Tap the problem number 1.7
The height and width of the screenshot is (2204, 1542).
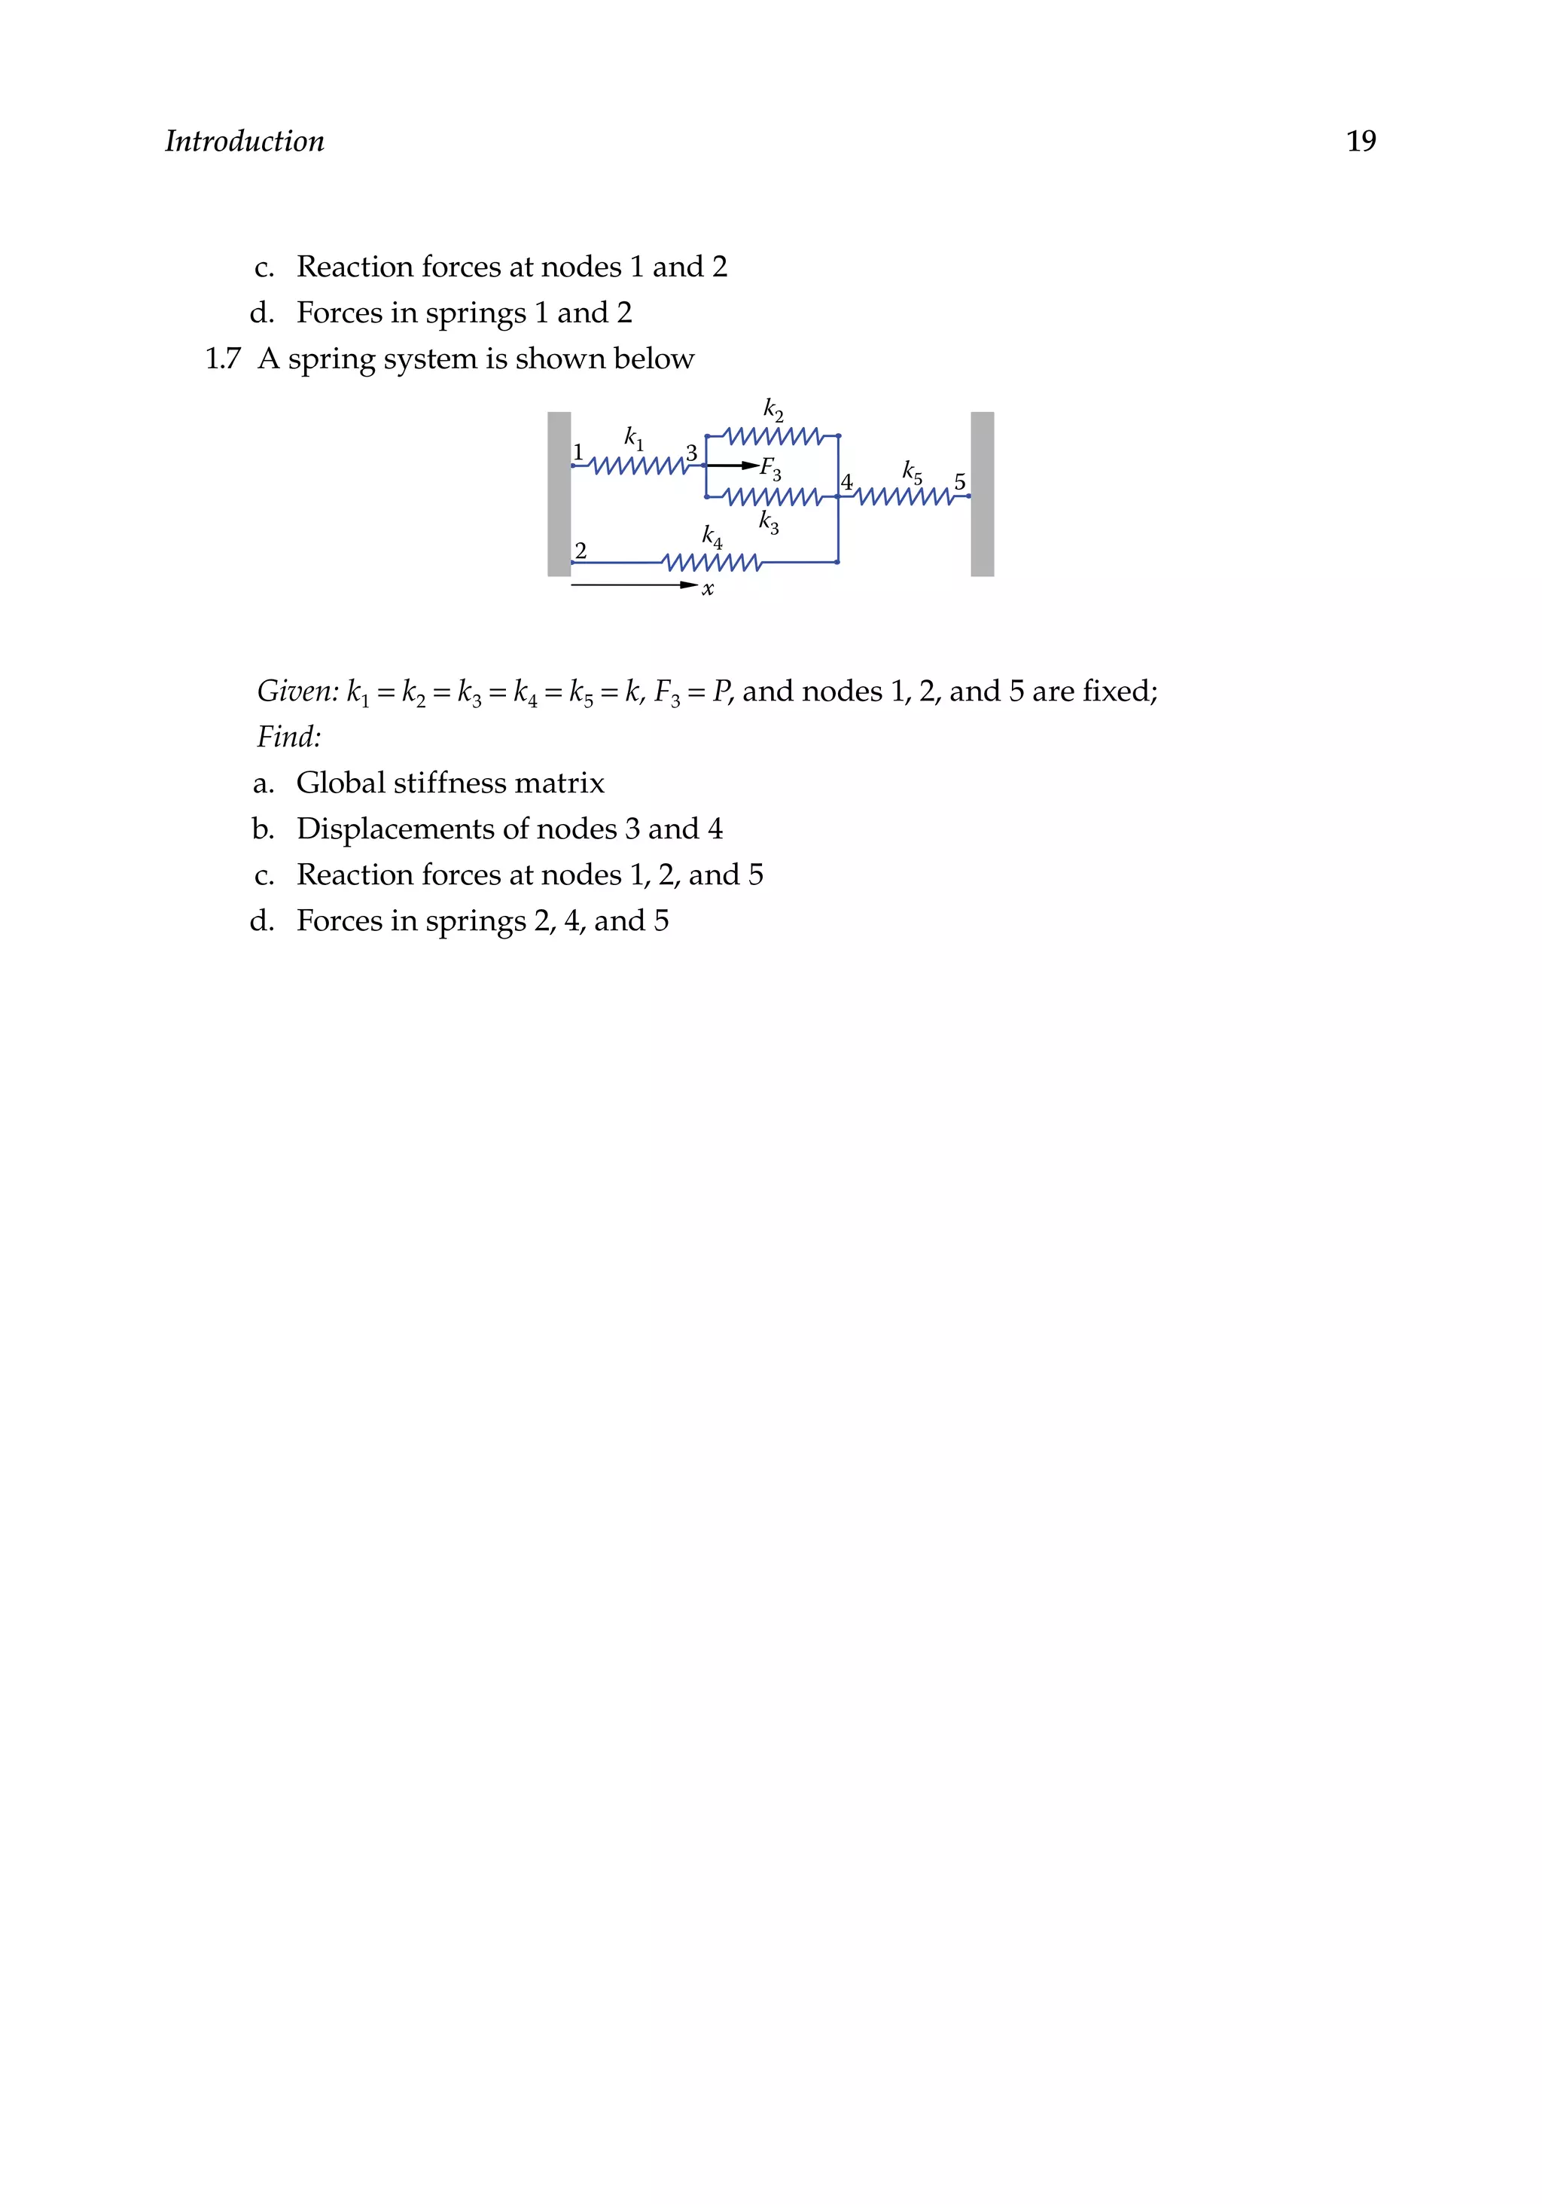(223, 359)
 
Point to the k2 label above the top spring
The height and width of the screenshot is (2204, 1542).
(773, 409)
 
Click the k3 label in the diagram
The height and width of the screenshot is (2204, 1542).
(769, 521)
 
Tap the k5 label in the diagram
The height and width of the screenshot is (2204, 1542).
(912, 472)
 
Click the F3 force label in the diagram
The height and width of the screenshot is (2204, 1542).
(770, 469)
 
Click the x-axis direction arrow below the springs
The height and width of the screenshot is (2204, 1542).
(633, 585)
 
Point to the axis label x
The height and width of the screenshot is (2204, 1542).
(709, 589)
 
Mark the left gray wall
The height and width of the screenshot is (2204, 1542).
(559, 493)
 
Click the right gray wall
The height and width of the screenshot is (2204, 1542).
(982, 493)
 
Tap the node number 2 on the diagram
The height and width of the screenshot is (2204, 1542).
(581, 550)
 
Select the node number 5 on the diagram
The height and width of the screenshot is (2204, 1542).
(959, 482)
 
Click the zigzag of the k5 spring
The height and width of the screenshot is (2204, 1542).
(905, 496)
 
